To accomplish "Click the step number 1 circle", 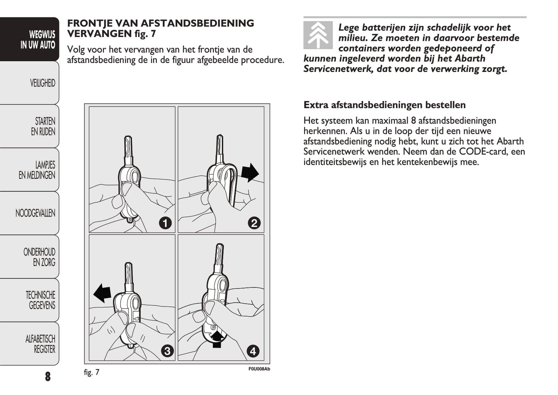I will pyautogui.click(x=165, y=223).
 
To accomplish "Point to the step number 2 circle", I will pyautogui.click(x=254, y=223).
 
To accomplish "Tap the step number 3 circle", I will pyautogui.click(x=168, y=351).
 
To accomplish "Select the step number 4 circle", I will pyautogui.click(x=253, y=351).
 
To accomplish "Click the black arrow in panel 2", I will pyautogui.click(x=250, y=172).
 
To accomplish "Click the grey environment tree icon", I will pyautogui.click(x=318, y=35).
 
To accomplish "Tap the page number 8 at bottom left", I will pyautogui.click(x=48, y=376).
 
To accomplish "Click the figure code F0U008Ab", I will pyautogui.click(x=259, y=369).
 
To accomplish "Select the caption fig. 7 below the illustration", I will pyautogui.click(x=92, y=372).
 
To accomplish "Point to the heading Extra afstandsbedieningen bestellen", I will pyautogui.click(x=385, y=105).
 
